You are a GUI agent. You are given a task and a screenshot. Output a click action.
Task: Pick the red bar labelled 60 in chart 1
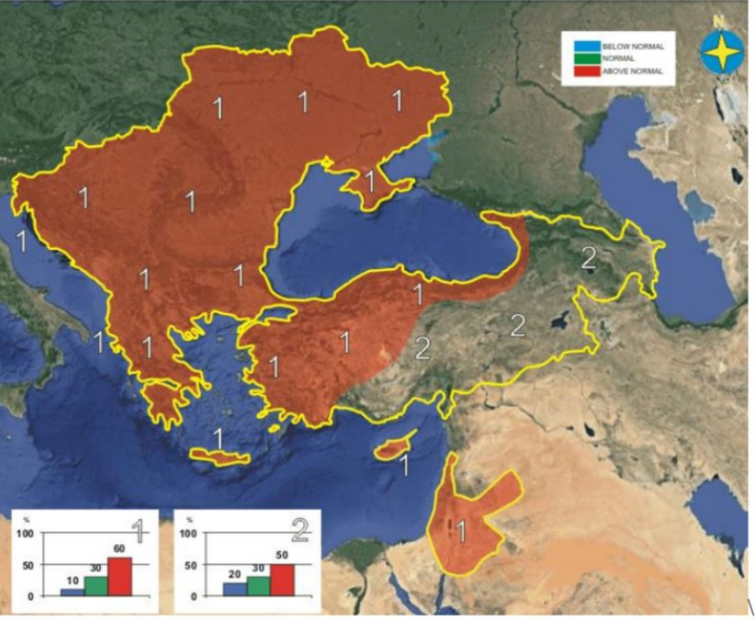tap(120, 577)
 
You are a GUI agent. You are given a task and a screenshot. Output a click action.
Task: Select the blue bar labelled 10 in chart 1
tap(72, 592)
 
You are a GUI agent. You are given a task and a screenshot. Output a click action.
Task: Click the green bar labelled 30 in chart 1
tap(95, 585)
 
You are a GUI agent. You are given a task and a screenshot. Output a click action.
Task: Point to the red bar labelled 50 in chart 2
tap(283, 580)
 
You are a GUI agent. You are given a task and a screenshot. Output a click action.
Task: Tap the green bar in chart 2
tap(259, 585)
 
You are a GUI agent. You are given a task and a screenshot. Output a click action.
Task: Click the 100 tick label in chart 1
tap(26, 534)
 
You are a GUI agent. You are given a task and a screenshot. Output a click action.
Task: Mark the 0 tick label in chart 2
tap(195, 595)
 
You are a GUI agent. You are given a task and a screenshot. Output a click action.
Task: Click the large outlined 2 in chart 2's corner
tap(298, 529)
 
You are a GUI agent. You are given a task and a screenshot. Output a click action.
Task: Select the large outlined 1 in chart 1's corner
tap(135, 529)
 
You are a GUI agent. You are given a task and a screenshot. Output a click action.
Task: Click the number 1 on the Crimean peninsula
tap(369, 182)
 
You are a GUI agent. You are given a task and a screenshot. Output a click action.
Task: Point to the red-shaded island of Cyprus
tap(392, 448)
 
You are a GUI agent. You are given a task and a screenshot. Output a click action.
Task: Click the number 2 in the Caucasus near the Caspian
tap(588, 257)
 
